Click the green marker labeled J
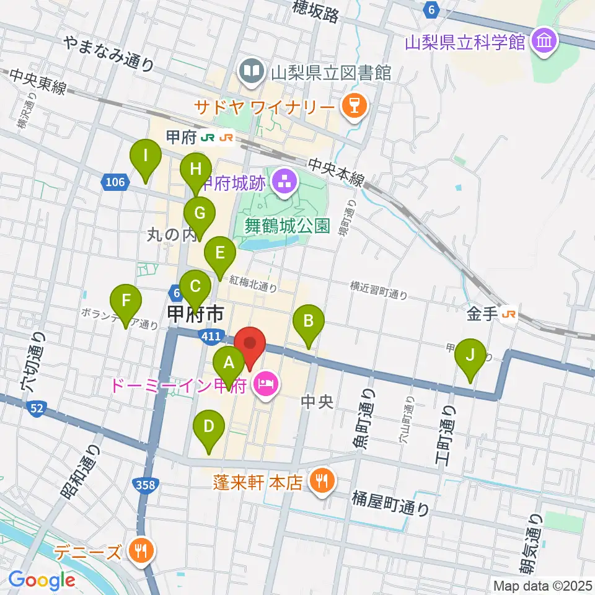tap(470, 356)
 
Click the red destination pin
tap(250, 345)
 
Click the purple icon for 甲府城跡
tap(285, 183)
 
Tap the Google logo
tap(42, 580)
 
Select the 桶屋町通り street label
tap(390, 503)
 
